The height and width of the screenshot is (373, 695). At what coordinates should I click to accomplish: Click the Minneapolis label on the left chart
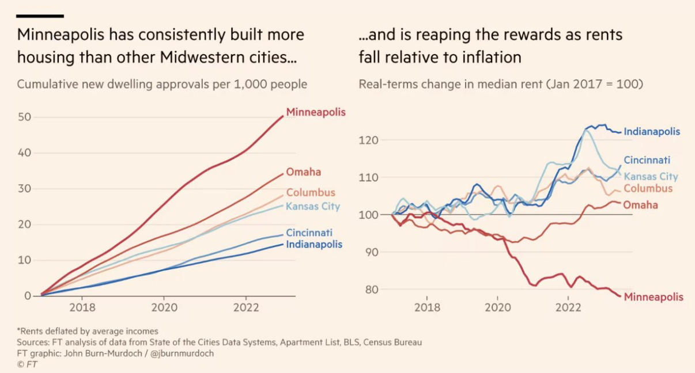(316, 112)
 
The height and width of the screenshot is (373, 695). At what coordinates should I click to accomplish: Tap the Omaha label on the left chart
(303, 172)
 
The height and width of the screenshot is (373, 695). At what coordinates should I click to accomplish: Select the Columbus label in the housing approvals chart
(311, 193)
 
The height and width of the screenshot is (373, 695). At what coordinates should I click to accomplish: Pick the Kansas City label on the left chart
(313, 206)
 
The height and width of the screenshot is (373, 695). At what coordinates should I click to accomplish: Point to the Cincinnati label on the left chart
(309, 233)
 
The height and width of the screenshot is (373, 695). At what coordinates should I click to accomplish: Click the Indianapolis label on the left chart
(314, 245)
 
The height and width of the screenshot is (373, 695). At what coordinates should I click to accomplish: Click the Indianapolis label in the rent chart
(652, 132)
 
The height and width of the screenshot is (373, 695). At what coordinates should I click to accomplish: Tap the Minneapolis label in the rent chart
(654, 298)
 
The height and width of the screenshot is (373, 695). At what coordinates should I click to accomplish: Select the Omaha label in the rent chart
(641, 205)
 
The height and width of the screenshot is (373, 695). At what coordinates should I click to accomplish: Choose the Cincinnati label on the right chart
(647, 161)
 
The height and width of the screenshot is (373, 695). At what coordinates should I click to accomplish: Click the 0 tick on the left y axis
(27, 296)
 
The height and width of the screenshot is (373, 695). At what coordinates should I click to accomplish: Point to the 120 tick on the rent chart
(369, 140)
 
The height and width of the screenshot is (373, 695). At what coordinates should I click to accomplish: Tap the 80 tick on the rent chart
(372, 290)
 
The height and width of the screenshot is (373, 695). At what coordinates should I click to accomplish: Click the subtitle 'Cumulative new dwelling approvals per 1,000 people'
(162, 84)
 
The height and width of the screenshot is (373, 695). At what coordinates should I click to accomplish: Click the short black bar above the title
(40, 16)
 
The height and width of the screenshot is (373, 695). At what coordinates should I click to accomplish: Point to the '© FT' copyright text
(28, 364)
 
